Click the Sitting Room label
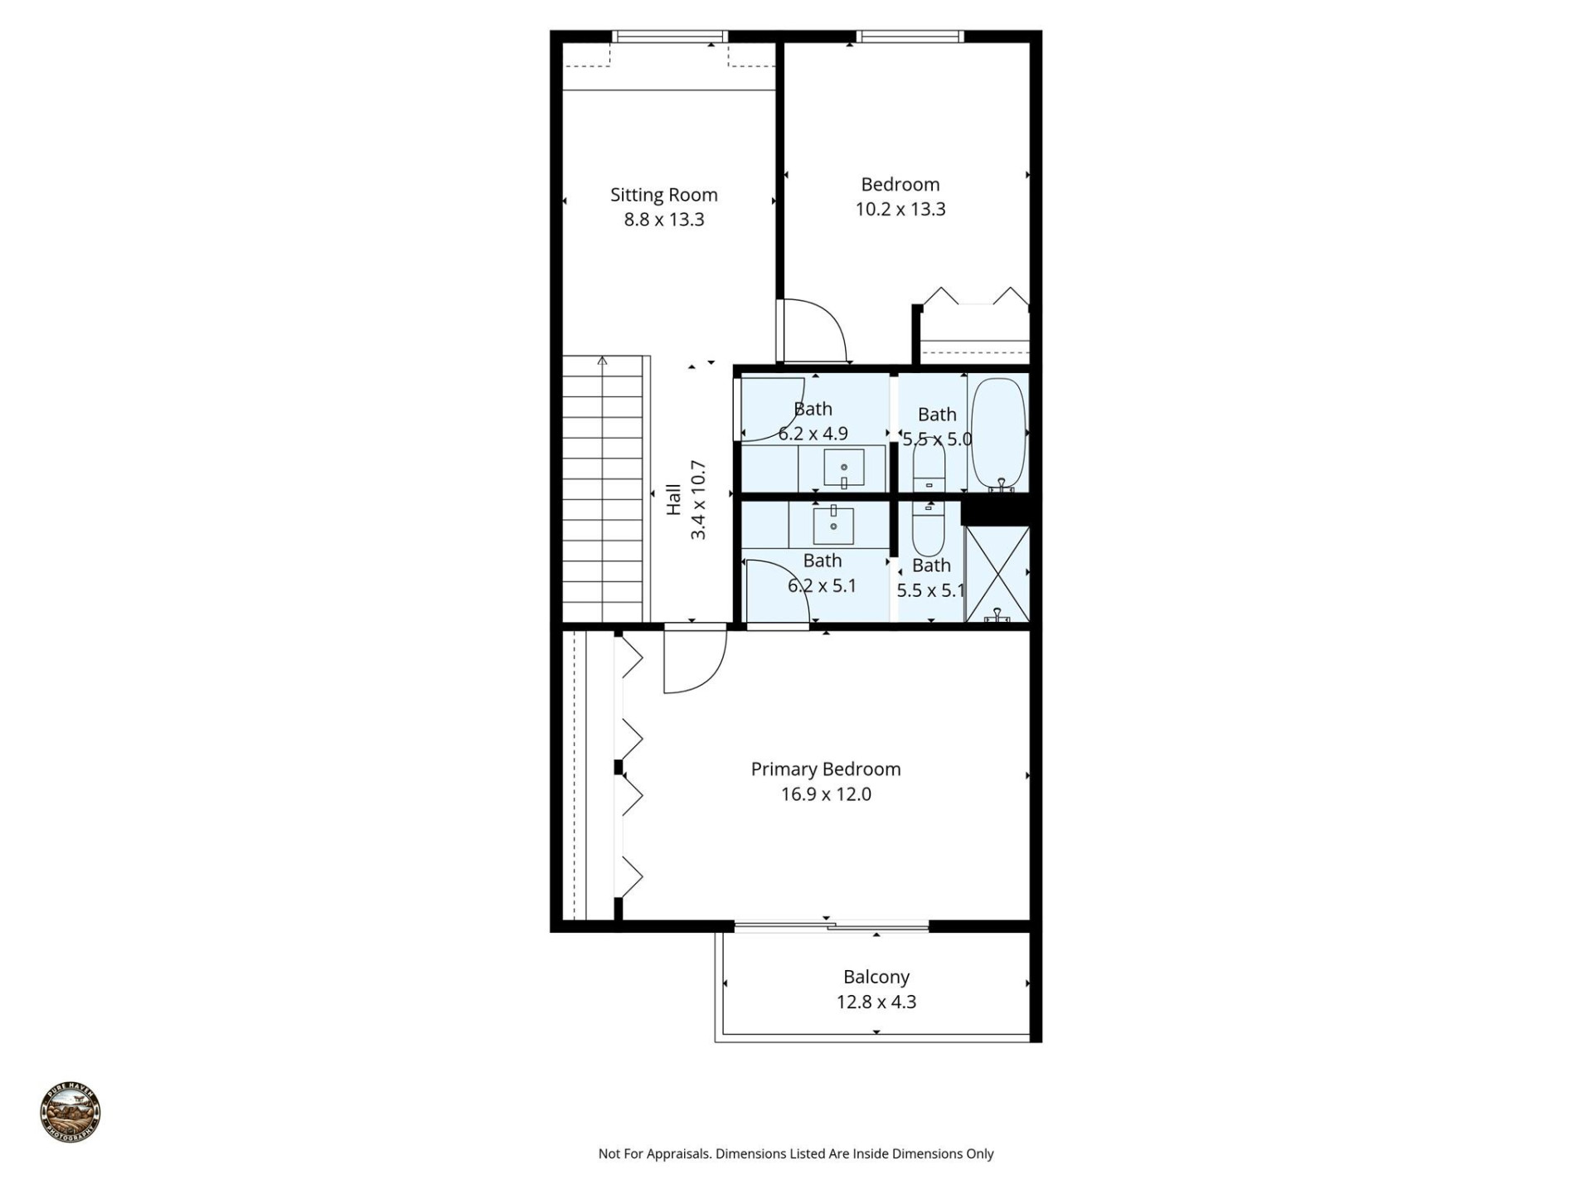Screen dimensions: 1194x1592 [663, 195]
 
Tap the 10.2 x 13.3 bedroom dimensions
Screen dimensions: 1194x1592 [900, 209]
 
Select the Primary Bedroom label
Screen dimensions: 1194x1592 [825, 769]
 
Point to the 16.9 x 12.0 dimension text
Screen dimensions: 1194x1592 [825, 794]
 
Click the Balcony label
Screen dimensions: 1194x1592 [876, 977]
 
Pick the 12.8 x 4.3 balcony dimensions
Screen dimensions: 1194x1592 [876, 1002]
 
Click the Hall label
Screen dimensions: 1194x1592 [674, 499]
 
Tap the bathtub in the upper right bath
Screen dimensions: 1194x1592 [998, 432]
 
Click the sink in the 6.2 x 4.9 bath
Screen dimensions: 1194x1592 [843, 468]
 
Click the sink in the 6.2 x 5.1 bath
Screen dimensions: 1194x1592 [833, 525]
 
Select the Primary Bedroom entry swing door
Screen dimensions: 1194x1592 [695, 661]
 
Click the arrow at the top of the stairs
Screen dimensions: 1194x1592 [602, 361]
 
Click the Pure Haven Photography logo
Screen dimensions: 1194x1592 [70, 1114]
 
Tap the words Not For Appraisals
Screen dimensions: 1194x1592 [654, 1153]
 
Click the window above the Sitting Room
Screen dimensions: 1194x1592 [669, 36]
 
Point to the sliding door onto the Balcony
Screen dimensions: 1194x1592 [831, 925]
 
